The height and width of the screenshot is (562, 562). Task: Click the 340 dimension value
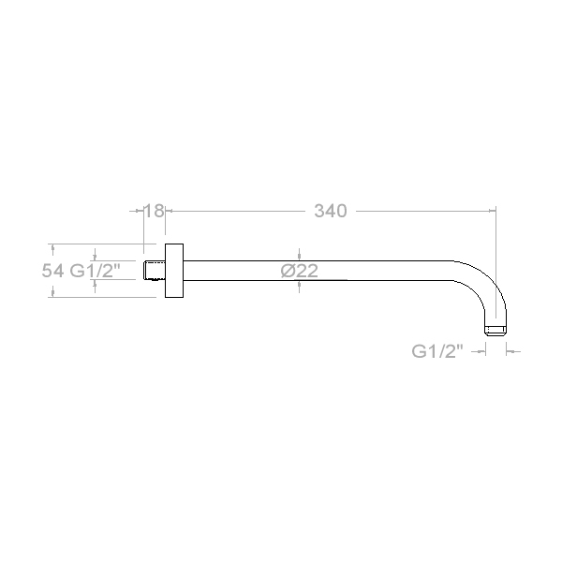point(331,211)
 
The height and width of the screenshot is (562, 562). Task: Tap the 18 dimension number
point(155,211)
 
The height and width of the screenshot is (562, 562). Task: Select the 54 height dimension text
point(52,271)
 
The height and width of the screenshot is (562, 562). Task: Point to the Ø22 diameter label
point(300,271)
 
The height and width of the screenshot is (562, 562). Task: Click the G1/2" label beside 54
point(95,271)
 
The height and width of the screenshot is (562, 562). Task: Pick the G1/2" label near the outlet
point(437,351)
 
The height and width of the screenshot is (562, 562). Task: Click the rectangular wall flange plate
point(174,271)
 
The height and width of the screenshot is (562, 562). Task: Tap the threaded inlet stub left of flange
point(155,271)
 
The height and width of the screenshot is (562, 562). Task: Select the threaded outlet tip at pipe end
point(495,331)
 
